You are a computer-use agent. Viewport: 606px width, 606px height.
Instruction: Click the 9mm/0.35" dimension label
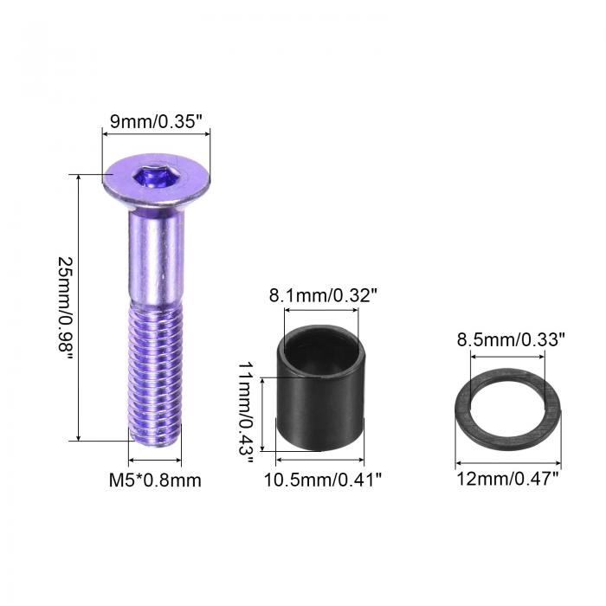156,121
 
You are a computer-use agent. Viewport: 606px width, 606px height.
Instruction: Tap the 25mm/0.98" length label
66,308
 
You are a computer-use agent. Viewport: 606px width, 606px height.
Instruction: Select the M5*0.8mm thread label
155,480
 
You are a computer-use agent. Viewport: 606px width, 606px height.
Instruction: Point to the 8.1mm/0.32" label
322,296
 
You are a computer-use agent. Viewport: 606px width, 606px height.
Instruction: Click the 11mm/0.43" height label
246,413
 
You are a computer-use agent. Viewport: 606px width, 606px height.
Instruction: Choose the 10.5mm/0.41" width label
323,480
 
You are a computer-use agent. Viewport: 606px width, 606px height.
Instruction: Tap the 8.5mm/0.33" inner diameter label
511,339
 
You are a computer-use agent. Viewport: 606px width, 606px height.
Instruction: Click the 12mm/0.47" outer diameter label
508,479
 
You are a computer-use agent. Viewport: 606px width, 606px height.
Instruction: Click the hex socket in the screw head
157,177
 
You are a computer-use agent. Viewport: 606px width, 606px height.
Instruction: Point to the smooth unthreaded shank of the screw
156,258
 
